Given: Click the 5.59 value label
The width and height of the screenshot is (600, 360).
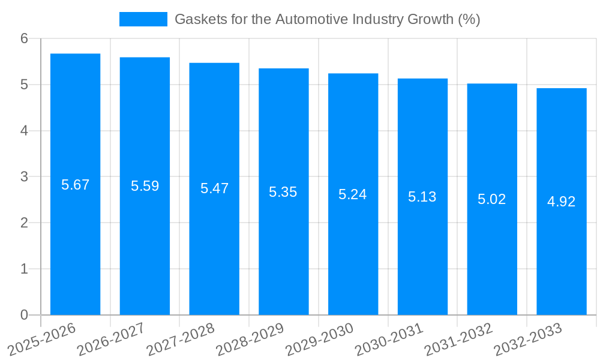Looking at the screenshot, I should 145,186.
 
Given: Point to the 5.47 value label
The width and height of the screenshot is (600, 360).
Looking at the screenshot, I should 214,188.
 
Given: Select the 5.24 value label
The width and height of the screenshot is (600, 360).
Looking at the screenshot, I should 353,194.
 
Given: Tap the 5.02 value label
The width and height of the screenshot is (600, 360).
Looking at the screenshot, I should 492,199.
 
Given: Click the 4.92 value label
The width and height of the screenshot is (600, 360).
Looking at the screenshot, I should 561,202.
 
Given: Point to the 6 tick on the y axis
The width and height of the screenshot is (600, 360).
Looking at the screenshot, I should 24,38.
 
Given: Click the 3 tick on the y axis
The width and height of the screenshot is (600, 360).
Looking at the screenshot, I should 24,177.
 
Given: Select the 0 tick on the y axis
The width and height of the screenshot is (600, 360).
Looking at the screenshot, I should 24,315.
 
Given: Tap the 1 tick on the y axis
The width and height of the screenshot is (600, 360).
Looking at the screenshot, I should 24,269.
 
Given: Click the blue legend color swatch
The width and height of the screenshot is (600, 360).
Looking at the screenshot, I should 143,19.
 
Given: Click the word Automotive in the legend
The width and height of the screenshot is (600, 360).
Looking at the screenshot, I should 308,19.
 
